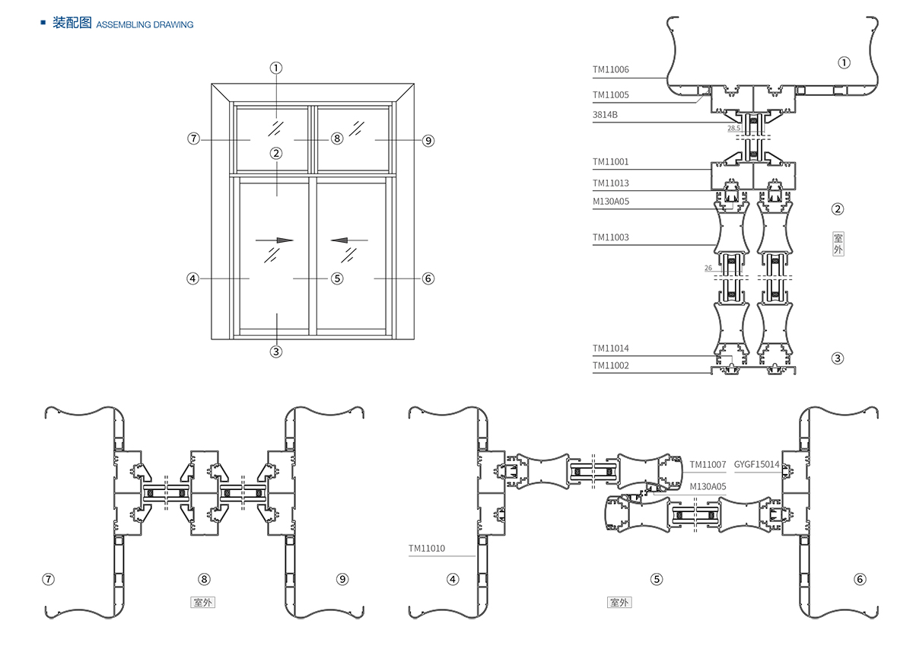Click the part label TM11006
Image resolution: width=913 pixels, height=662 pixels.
click(611, 69)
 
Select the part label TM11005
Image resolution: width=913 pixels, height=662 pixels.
click(611, 95)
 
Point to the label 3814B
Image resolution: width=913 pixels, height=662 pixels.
click(606, 114)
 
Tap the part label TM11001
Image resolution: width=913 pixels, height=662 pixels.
click(611, 162)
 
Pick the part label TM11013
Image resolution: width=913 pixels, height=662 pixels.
click(611, 183)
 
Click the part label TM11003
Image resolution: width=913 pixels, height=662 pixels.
click(611, 237)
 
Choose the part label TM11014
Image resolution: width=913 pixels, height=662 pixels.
click(611, 349)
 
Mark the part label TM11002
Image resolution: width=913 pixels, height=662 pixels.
click(611, 365)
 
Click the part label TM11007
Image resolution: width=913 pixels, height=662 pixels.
click(708, 464)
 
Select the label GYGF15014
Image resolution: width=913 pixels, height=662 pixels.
click(756, 464)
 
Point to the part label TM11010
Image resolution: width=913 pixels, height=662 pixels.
click(426, 548)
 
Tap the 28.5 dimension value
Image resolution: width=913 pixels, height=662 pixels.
click(734, 129)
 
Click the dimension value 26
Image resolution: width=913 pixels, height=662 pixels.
click(708, 268)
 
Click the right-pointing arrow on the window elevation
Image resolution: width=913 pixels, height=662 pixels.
click(275, 240)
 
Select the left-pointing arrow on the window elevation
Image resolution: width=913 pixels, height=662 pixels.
click(349, 240)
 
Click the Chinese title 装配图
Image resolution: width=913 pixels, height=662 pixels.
click(72, 24)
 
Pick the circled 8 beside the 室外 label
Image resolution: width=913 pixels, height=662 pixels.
click(203, 579)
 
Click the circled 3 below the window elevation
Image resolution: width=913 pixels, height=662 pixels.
click(276, 352)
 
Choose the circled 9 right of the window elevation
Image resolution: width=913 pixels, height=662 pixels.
click(428, 140)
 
